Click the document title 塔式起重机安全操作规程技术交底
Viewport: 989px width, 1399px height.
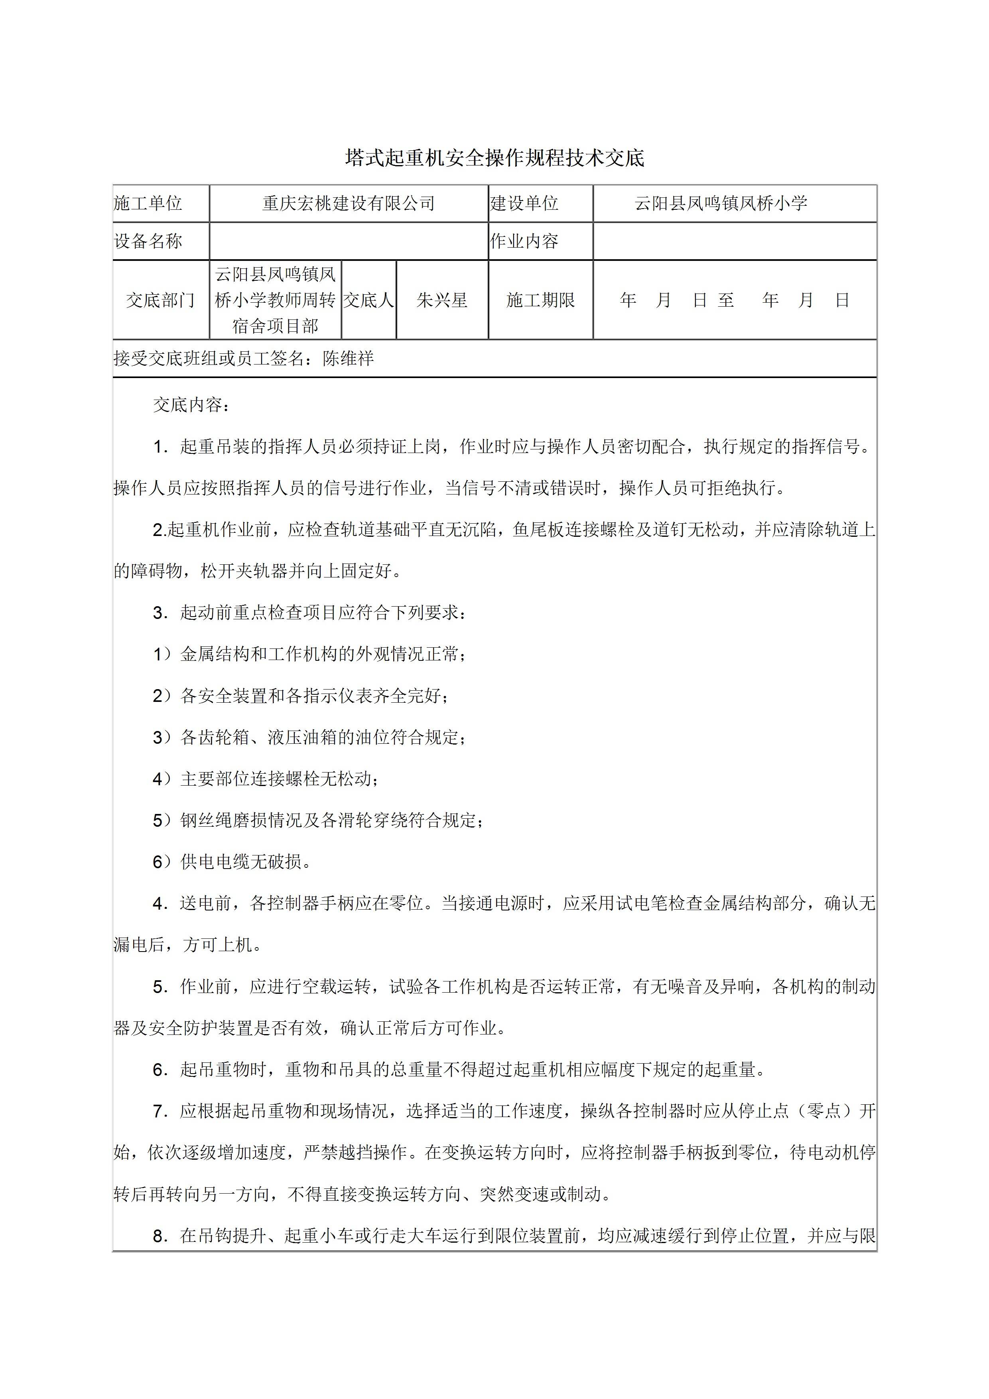(x=494, y=158)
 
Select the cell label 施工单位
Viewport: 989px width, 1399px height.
(x=148, y=203)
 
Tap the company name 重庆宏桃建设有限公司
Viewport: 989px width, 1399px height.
(x=349, y=203)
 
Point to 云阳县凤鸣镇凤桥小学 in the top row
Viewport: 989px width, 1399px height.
(x=721, y=203)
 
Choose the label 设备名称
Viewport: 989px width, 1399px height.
(x=148, y=241)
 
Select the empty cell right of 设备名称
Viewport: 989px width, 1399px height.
(x=349, y=241)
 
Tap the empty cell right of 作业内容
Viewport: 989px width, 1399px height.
(x=734, y=241)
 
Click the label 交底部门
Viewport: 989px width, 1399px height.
(x=160, y=300)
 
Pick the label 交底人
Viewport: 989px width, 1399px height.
(x=368, y=300)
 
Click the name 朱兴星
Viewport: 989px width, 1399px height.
(x=442, y=300)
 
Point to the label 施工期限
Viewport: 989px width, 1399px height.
(x=540, y=300)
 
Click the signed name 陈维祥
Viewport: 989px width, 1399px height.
(x=348, y=358)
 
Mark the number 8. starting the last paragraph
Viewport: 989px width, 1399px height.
(x=160, y=1236)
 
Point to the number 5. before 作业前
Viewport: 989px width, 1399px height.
(x=160, y=987)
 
